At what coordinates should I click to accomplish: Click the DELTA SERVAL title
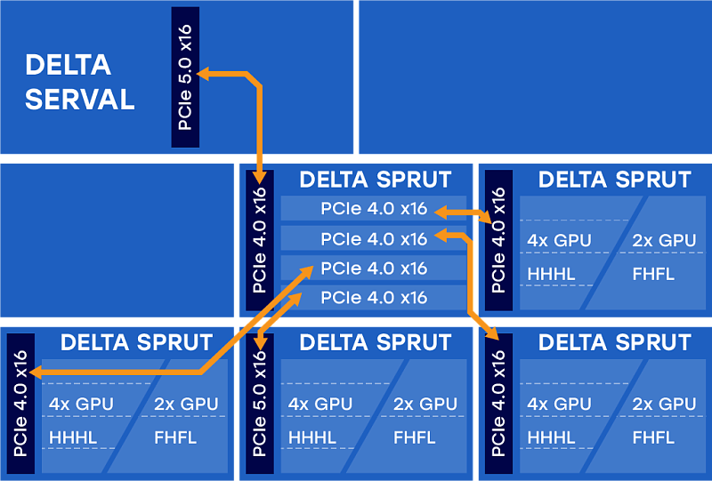point(80,82)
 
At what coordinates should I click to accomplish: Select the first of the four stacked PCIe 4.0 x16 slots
point(374,209)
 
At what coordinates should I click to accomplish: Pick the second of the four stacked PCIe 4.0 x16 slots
point(374,238)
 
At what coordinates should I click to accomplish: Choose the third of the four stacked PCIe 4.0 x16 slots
point(374,268)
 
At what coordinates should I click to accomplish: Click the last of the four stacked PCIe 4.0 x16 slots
point(374,297)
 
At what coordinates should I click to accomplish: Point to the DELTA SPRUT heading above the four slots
point(375,180)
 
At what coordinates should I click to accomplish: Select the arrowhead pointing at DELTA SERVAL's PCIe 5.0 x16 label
point(204,74)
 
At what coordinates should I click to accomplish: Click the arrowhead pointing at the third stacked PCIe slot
point(308,268)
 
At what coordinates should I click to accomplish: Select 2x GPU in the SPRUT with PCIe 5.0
point(425,404)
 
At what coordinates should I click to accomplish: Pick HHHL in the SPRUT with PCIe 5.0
point(312,437)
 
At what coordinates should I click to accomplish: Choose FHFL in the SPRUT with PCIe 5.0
point(414,437)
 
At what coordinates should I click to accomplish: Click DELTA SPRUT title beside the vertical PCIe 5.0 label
point(375,342)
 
